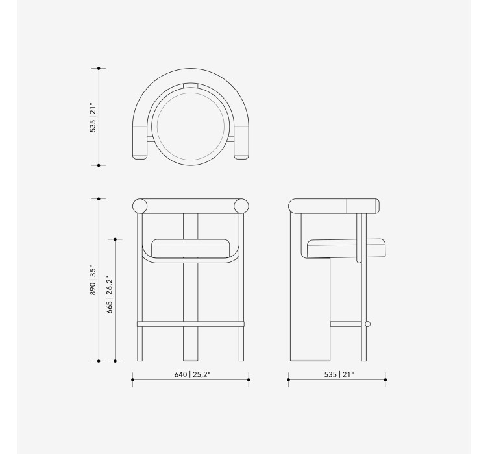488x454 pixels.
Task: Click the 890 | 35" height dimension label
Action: click(93, 280)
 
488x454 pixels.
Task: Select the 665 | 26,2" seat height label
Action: click(109, 294)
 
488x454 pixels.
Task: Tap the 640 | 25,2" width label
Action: click(192, 374)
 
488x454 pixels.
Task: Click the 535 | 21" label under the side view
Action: click(339, 374)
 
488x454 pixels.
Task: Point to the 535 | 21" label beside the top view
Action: click(93, 117)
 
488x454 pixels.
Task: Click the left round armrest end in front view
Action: click(140, 206)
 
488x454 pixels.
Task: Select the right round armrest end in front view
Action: click(241, 206)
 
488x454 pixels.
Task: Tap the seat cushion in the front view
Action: click(191, 248)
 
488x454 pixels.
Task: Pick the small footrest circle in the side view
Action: click(367, 324)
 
